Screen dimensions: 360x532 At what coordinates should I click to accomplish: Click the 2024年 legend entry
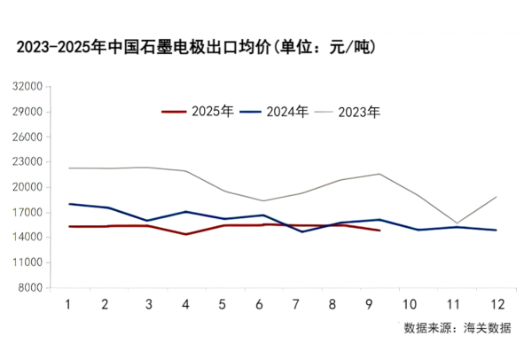[x=276, y=112]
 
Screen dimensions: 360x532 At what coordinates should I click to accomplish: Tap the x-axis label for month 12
[x=497, y=303]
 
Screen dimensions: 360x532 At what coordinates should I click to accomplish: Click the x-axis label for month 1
[x=68, y=303]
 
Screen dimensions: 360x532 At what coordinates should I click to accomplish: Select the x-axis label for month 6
[x=258, y=303]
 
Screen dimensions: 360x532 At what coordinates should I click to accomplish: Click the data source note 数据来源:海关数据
[x=457, y=328]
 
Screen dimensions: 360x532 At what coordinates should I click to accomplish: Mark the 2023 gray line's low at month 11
[x=457, y=223]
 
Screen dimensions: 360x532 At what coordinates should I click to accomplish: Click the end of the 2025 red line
[x=379, y=231]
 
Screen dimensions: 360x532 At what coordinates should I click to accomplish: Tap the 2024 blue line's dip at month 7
[x=302, y=231]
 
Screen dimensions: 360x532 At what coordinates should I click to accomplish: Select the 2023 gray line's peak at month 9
[x=379, y=174]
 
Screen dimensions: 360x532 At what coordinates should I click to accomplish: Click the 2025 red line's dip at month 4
[x=185, y=234]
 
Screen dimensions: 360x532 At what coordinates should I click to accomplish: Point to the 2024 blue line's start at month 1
[x=68, y=204]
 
